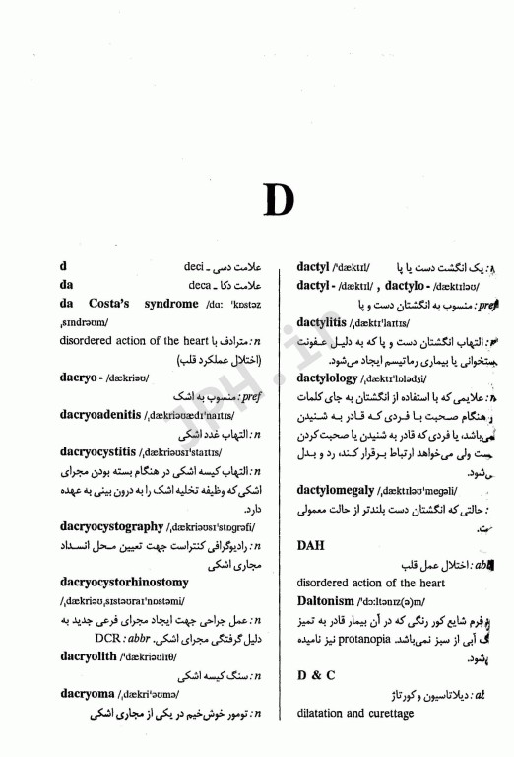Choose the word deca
click(x=200, y=285)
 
